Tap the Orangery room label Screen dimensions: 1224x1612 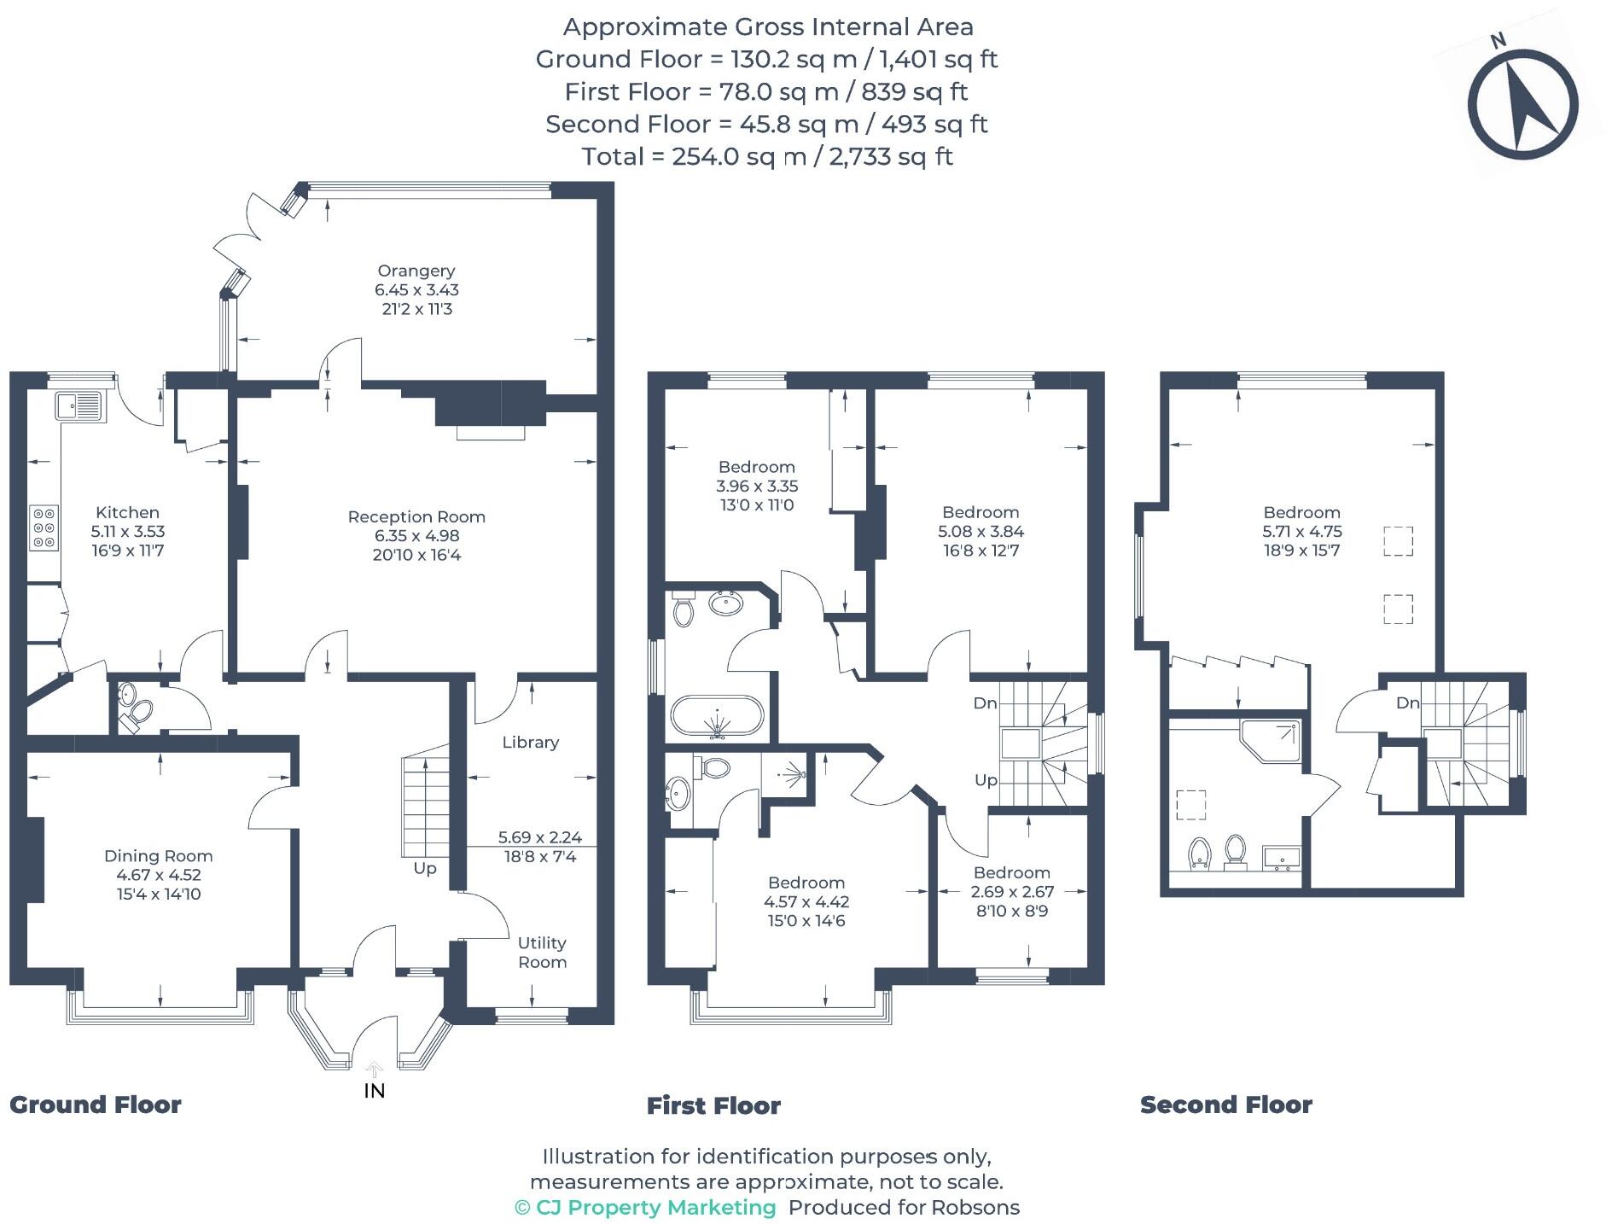tap(416, 271)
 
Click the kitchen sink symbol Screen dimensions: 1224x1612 tap(79, 405)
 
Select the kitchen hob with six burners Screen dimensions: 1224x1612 tap(44, 528)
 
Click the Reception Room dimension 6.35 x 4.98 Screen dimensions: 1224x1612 tap(416, 536)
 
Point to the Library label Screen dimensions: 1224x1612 tap(530, 743)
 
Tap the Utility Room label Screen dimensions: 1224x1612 tap(542, 953)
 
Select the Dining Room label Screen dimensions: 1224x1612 tap(158, 856)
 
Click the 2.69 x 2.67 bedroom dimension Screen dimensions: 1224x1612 tap(1012, 892)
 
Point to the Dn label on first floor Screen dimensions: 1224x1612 tap(985, 703)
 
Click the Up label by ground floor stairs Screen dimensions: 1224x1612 tap(424, 868)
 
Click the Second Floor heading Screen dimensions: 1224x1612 tap(1225, 1105)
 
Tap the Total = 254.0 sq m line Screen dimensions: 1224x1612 tap(767, 157)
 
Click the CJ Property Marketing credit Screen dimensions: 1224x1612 tap(645, 1208)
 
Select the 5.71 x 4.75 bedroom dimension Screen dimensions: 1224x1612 tap(1302, 531)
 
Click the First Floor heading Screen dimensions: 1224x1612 tap(713, 1106)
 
